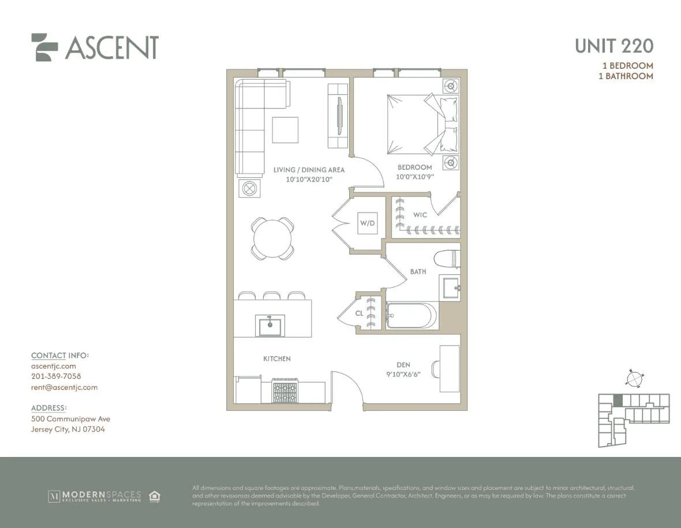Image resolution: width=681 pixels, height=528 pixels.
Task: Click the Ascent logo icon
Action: point(45,47)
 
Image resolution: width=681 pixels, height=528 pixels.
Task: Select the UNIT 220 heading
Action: point(613,46)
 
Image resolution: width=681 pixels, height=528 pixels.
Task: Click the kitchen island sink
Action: point(270,326)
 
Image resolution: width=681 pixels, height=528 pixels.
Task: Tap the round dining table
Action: point(272,239)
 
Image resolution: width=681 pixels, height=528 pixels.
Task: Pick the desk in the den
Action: point(450,369)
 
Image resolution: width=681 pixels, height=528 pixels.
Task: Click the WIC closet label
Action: point(420,215)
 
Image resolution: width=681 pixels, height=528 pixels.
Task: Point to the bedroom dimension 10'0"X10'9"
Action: point(414,177)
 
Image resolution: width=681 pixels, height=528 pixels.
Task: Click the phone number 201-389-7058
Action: point(56,377)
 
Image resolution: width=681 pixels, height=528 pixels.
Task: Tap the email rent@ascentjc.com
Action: point(64,388)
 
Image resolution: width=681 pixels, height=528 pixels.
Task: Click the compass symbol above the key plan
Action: point(634,379)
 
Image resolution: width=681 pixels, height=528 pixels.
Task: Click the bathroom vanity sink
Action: point(451,287)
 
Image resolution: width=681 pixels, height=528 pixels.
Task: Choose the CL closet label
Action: point(359,314)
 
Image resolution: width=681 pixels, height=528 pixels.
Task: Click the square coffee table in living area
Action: point(285,130)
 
